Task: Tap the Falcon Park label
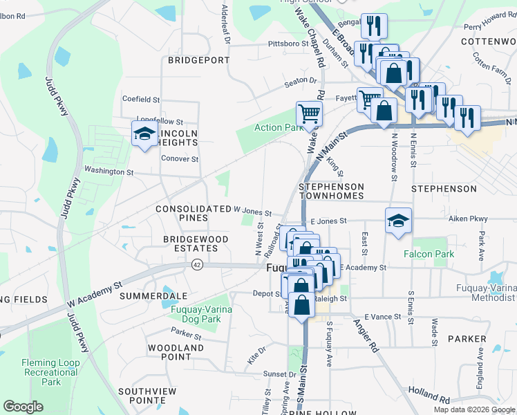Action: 430,254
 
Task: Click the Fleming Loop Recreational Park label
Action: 50,372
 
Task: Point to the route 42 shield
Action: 198,264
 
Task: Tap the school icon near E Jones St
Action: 398,221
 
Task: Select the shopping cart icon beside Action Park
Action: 309,113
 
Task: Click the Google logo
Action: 23,407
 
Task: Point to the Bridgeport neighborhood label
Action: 198,60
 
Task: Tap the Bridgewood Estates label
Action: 195,243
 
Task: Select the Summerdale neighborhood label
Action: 144,295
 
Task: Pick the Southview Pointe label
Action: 148,396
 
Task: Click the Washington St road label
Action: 109,171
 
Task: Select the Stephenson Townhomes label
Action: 331,192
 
